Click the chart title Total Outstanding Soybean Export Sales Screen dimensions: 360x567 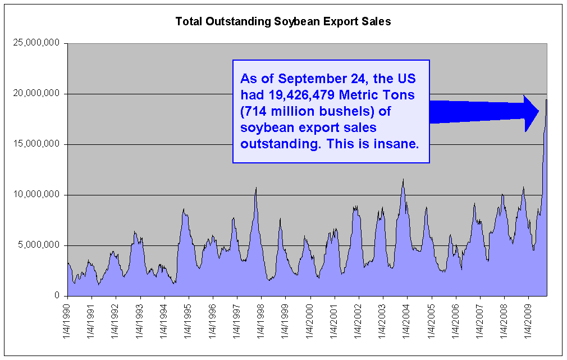pyautogui.click(x=283, y=22)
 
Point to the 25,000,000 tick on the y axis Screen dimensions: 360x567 pyautogui.click(x=36, y=43)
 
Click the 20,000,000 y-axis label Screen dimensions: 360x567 pyautogui.click(x=36, y=94)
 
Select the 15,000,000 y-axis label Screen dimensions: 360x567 pyautogui.click(x=36, y=144)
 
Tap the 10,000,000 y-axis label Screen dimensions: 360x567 pyautogui.click(x=36, y=195)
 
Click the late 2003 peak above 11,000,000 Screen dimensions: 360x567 pyautogui.click(x=403, y=180)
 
